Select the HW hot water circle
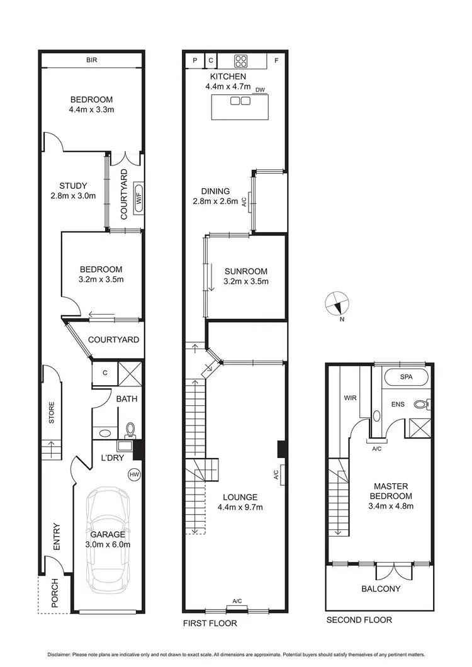pyautogui.click(x=133, y=474)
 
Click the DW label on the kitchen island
pyautogui.click(x=260, y=91)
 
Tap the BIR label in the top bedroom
pyautogui.click(x=92, y=61)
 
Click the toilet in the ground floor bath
pyautogui.click(x=130, y=429)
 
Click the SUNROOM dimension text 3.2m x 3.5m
pyautogui.click(x=246, y=281)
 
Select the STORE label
pyautogui.click(x=51, y=413)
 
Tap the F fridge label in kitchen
pyautogui.click(x=276, y=62)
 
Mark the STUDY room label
pyautogui.click(x=73, y=186)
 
